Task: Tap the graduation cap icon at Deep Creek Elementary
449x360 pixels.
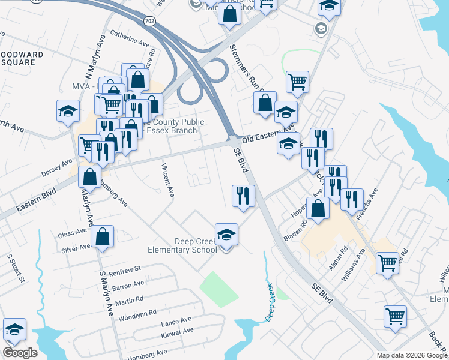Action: (226, 235)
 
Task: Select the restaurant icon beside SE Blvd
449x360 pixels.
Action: (243, 196)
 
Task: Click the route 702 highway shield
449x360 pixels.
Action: (149, 21)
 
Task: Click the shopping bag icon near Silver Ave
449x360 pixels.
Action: (103, 237)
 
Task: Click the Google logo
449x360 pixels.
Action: (20, 353)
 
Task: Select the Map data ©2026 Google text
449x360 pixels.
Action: (412, 355)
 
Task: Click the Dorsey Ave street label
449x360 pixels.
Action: (56, 167)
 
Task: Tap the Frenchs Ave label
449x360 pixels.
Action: (367, 204)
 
